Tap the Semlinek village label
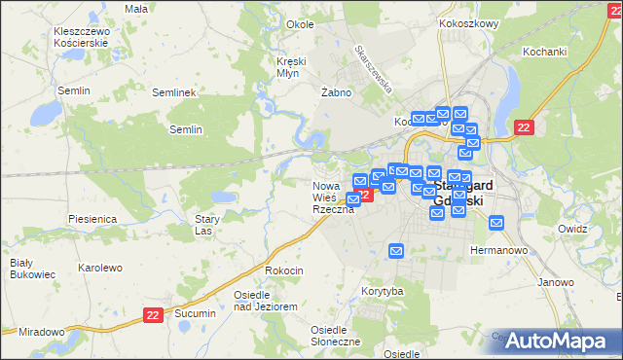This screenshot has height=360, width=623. coord(175,92)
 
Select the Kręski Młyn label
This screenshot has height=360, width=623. coord(291,67)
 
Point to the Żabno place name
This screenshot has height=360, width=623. coord(335,92)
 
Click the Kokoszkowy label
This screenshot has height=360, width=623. coord(468,23)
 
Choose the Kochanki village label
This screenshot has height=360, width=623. coord(544,52)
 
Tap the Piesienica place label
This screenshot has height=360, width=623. coord(92,220)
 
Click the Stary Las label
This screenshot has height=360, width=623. coord(203,226)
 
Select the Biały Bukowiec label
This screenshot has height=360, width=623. coord(20,269)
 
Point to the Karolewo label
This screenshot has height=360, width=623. coord(99,268)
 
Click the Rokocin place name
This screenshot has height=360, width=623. coord(284,270)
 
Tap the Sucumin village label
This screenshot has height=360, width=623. coord(195,315)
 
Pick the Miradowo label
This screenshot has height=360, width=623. coord(41,332)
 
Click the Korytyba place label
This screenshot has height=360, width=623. coord(382,291)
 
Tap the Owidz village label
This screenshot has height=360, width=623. coord(573,230)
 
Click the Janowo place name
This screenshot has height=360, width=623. coord(555,282)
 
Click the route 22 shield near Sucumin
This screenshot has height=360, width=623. coord(152,315)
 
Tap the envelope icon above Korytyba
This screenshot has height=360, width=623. coord(396,251)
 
